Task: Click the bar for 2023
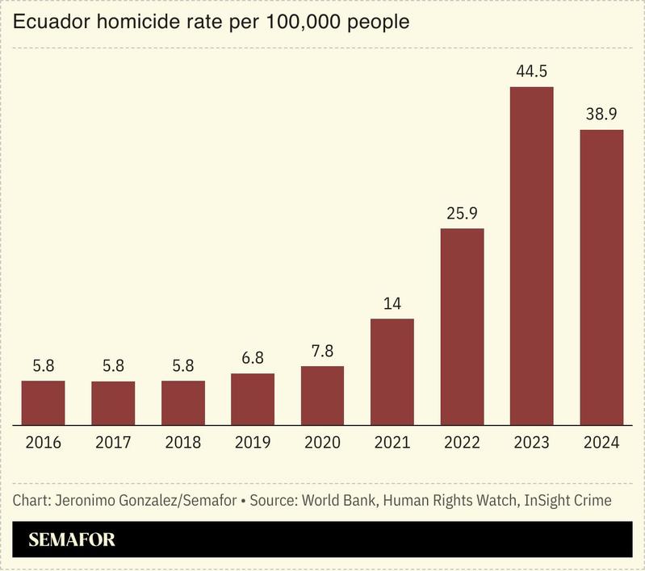pos(531,255)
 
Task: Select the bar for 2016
pos(43,402)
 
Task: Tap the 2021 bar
pos(392,371)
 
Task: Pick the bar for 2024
pos(601,277)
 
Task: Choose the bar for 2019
pos(252,398)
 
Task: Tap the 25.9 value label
pos(462,214)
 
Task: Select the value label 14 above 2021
pos(392,304)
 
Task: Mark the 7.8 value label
pos(322,352)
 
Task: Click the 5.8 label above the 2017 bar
pos(113,366)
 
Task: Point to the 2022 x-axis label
pos(462,443)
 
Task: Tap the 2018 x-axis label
pos(182,443)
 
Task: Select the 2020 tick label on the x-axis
pos(322,443)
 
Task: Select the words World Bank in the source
pos(337,500)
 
